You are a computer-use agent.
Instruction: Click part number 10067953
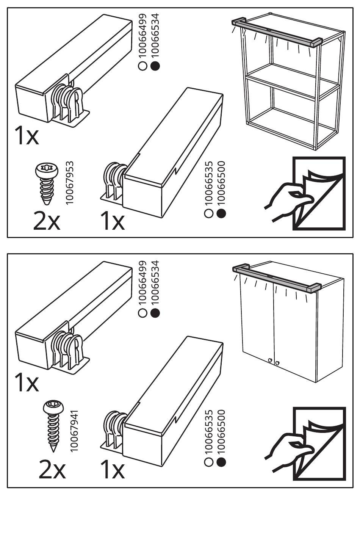69,183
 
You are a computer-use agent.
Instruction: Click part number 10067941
74,431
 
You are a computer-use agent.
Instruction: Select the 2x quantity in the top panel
46,222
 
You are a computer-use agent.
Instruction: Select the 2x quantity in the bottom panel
52,470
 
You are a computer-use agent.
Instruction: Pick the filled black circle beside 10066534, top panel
155,66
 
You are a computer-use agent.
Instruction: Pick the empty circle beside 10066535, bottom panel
208,462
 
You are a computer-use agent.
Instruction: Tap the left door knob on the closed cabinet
270,360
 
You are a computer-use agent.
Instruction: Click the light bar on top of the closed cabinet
277,278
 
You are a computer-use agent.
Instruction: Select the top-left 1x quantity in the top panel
27,136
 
